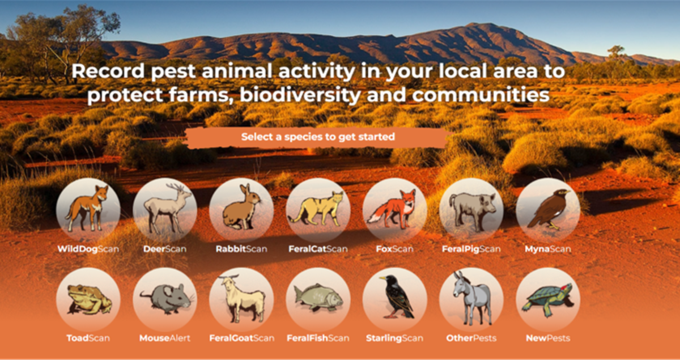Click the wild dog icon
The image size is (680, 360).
87,209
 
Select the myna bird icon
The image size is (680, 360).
549,209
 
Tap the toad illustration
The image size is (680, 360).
88,299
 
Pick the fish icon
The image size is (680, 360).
318,298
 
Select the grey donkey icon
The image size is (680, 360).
473,298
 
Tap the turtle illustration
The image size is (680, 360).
549,299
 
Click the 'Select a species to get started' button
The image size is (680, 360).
317,137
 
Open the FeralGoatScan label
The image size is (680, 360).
241,338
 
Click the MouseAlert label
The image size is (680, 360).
165,338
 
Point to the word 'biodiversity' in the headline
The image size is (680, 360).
300,95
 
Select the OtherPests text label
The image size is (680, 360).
471,338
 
